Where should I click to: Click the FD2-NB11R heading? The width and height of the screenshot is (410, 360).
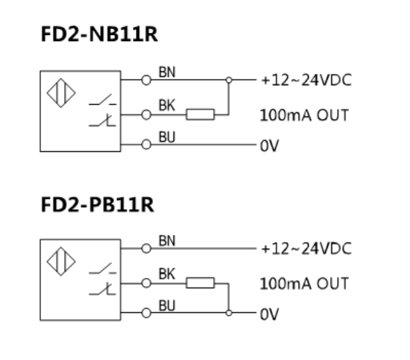(99, 35)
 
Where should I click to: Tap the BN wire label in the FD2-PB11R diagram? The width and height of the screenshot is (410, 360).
(167, 240)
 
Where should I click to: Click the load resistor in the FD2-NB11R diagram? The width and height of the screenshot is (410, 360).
(200, 114)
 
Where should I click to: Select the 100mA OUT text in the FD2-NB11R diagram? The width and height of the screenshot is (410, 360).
(304, 115)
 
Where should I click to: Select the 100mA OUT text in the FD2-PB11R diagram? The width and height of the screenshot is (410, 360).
(304, 283)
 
